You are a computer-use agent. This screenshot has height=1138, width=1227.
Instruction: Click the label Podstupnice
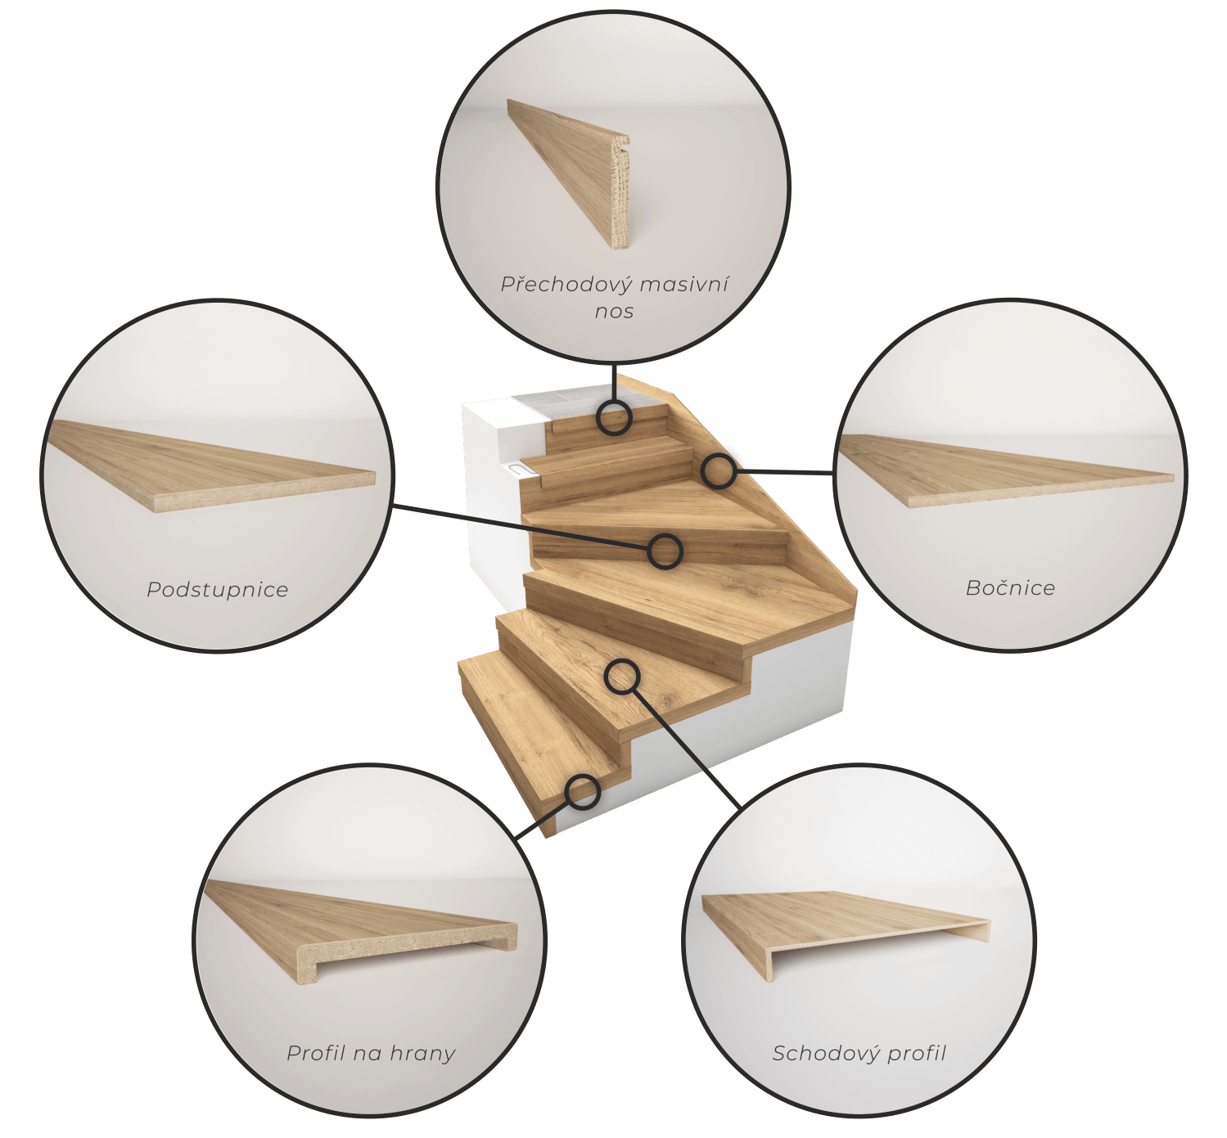(x=218, y=589)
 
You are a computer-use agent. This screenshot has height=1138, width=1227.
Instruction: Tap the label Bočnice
(x=1010, y=587)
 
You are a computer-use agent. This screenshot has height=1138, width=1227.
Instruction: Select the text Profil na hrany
(x=371, y=1053)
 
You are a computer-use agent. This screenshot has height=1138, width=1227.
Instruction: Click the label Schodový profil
(x=859, y=1053)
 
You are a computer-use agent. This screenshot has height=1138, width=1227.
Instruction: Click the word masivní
(x=684, y=284)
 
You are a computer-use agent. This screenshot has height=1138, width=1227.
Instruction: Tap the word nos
(x=614, y=312)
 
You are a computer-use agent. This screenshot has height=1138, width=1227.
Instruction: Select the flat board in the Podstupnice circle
(x=212, y=465)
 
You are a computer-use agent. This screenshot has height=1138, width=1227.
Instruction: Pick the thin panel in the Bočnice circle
(x=1007, y=470)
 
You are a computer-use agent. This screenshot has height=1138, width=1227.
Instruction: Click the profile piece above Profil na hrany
(x=362, y=931)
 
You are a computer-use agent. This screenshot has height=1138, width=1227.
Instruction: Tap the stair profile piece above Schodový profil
(x=846, y=927)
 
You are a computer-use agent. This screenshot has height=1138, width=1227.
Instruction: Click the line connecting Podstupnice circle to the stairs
(x=521, y=527)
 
